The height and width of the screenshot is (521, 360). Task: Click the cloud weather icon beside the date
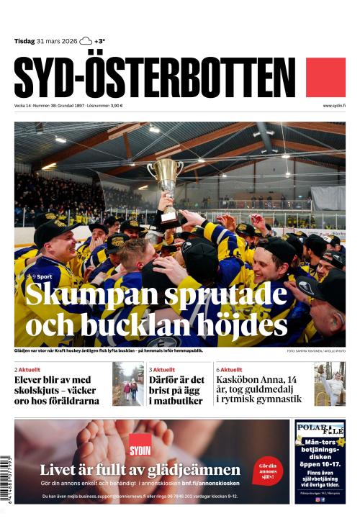(x=86, y=41)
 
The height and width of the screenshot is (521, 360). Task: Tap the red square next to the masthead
(x=325, y=78)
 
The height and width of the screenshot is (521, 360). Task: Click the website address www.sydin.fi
(x=334, y=106)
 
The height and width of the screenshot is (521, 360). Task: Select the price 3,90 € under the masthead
(x=114, y=106)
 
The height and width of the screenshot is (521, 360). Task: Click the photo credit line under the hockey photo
(x=316, y=351)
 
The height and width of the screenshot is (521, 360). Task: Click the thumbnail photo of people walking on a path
(x=127, y=384)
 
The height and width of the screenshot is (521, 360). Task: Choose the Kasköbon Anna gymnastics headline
(x=261, y=389)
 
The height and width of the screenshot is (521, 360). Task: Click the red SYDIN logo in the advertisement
(x=140, y=445)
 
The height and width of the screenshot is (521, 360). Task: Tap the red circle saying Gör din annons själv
(x=268, y=469)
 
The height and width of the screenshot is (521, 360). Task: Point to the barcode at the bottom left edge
(x=6, y=483)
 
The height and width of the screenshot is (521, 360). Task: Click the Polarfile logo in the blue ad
(x=320, y=431)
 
